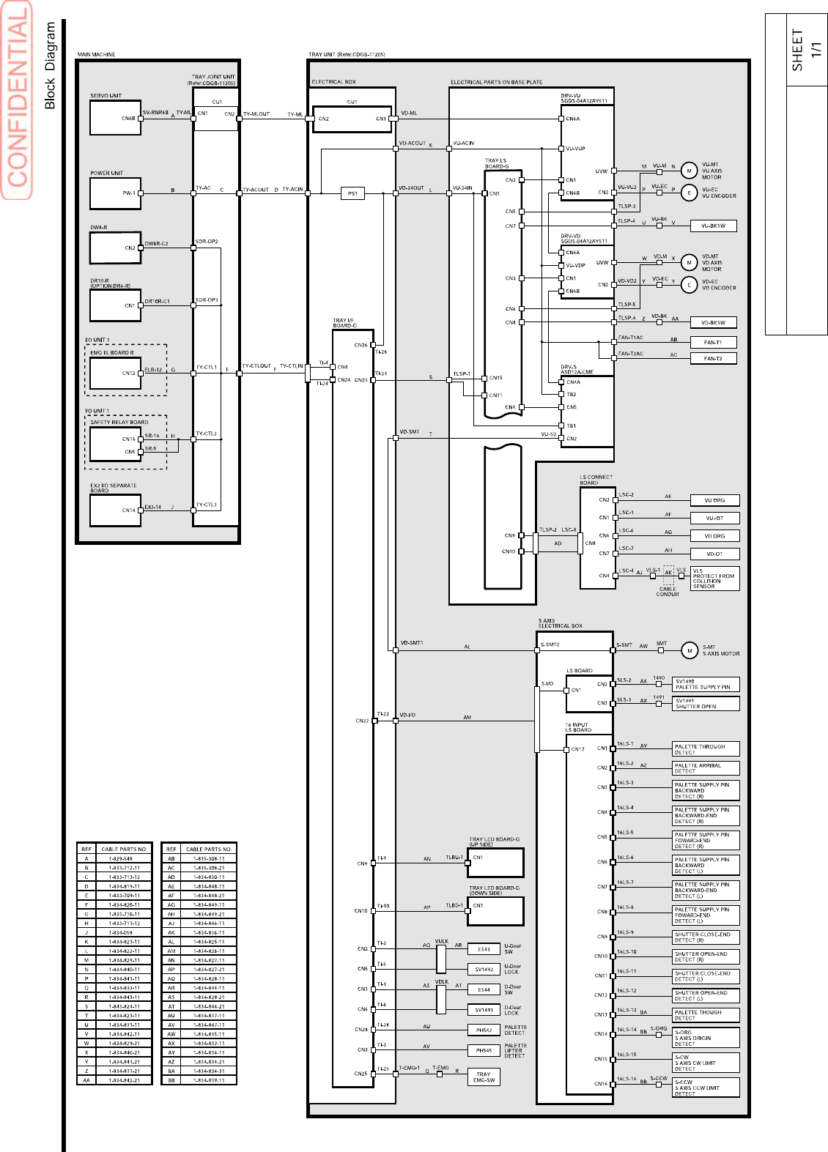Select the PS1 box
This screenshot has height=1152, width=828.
(352, 193)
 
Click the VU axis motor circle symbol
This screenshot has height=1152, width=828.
(689, 171)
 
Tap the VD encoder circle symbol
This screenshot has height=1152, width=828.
(689, 284)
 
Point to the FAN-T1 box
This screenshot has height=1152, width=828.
(712, 342)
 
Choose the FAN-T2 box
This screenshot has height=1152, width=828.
(712, 358)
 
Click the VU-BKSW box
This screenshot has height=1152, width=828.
(712, 226)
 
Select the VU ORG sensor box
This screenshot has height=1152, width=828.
(714, 500)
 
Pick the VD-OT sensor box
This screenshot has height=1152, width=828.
(714, 554)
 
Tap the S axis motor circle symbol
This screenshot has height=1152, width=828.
(689, 650)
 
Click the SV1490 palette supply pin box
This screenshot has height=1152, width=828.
(706, 684)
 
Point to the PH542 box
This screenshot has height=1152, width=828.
(484, 1030)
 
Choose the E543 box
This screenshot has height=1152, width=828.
(484, 949)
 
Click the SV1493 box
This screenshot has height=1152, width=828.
(484, 1010)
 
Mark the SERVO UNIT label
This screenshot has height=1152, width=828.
(106, 96)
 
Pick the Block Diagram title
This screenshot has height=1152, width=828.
(51, 65)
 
